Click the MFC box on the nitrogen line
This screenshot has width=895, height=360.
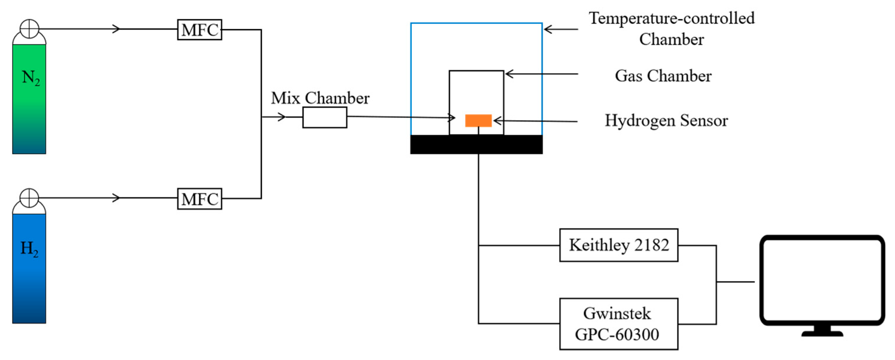(199, 30)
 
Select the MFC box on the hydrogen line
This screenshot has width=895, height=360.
(199, 199)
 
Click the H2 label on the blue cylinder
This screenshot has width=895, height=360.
(29, 249)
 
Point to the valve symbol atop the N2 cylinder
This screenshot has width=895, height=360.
(29, 29)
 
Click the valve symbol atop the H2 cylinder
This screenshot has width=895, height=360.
(29, 198)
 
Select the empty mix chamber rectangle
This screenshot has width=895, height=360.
(324, 117)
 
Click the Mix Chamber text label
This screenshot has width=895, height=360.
(320, 98)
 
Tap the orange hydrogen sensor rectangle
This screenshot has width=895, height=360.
(478, 121)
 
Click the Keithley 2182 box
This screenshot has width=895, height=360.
(618, 245)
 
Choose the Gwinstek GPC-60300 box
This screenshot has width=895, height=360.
(618, 324)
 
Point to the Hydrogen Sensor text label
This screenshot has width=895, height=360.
(666, 121)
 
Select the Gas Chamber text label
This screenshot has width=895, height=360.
(663, 76)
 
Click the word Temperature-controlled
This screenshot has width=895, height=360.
(671, 18)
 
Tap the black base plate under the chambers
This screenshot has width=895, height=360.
(476, 144)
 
